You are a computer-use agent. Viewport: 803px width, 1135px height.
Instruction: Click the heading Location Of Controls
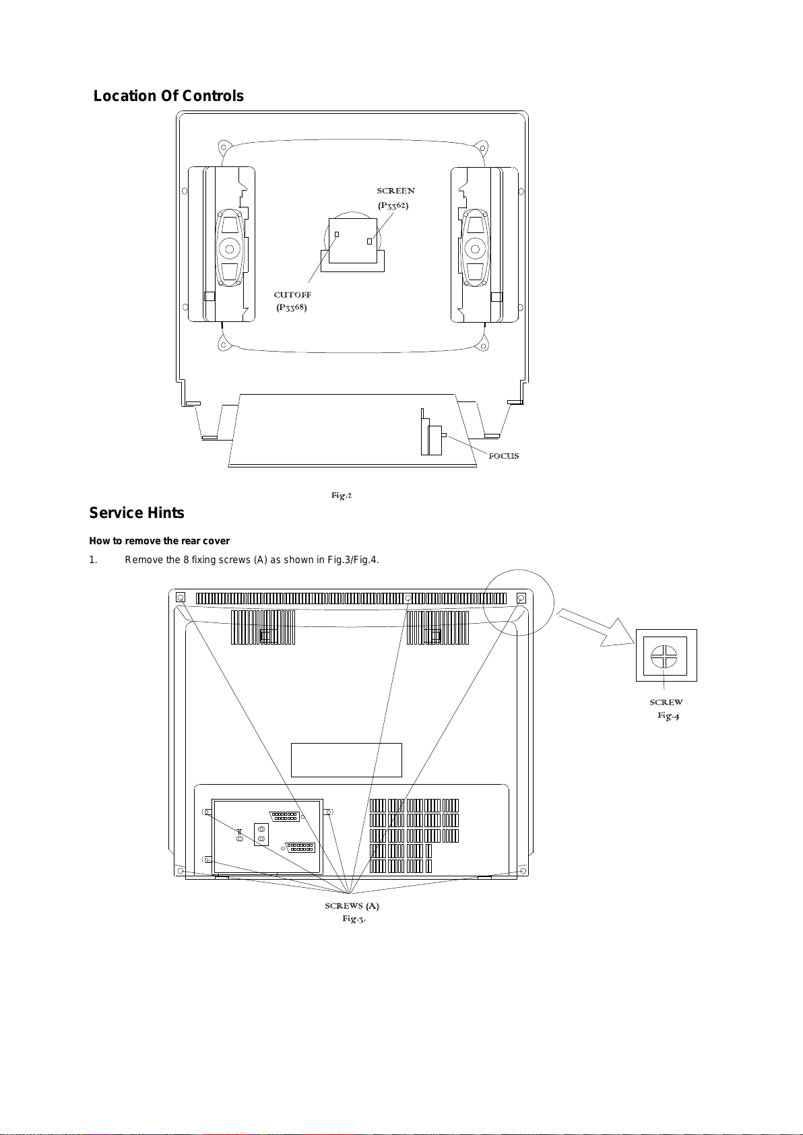(x=168, y=96)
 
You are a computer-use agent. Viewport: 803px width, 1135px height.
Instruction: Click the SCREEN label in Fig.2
(x=395, y=191)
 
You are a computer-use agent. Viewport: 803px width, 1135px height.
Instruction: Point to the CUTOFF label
(x=292, y=295)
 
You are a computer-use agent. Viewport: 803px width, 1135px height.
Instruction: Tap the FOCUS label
(x=503, y=456)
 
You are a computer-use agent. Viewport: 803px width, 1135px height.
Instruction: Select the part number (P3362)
(x=393, y=205)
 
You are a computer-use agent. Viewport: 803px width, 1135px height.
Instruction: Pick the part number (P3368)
(x=292, y=308)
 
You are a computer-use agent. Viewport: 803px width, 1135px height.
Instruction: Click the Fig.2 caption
(x=342, y=496)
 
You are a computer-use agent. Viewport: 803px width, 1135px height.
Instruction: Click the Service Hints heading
(x=137, y=513)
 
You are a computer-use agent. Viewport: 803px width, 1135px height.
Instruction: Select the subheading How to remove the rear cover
(x=160, y=541)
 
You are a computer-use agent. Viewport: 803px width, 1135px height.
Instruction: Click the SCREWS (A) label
(x=352, y=906)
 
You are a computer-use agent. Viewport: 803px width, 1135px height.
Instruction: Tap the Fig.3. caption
(x=354, y=919)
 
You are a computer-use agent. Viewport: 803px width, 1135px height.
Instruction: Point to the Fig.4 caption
(x=668, y=715)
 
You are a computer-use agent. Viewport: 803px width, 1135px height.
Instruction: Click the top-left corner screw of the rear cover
(x=180, y=597)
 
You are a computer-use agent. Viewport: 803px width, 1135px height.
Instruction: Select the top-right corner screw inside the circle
(x=521, y=597)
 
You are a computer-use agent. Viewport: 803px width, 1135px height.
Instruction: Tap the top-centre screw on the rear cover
(x=408, y=597)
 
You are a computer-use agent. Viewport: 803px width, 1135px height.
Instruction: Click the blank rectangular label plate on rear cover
(x=346, y=760)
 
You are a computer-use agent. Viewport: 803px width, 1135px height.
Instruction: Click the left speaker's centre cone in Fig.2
(x=230, y=249)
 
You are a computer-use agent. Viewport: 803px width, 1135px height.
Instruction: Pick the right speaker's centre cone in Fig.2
(x=476, y=249)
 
